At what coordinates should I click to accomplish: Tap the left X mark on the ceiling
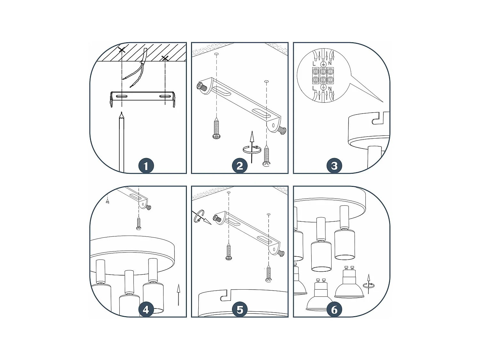122,50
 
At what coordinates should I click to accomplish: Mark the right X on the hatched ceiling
165,58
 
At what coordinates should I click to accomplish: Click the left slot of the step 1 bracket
122,96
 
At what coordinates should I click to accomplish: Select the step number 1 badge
146,166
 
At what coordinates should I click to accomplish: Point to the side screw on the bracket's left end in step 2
201,86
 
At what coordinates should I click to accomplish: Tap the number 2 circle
240,166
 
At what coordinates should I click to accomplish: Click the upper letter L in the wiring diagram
314,64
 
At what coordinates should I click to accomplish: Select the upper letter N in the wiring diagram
330,63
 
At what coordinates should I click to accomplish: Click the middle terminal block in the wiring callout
323,76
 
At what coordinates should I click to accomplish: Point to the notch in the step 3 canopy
378,118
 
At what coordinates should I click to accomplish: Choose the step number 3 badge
334,166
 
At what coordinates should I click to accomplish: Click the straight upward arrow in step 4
178,294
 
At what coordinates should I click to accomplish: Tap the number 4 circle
146,310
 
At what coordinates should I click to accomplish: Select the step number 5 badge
240,310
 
